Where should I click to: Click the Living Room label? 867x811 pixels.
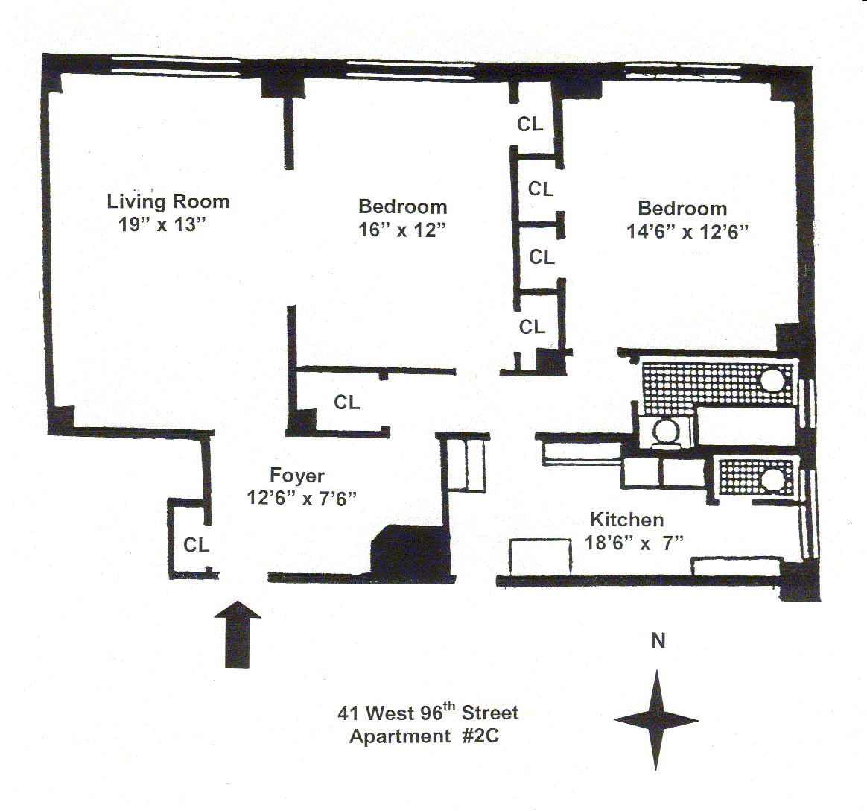click(168, 201)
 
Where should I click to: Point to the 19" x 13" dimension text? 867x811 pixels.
click(162, 224)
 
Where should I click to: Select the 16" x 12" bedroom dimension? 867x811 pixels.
click(402, 230)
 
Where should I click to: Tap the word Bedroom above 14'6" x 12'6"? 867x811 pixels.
click(682, 209)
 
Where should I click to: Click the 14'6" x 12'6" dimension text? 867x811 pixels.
click(687, 232)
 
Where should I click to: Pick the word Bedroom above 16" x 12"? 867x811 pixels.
click(403, 206)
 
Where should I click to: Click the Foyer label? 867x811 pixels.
click(296, 476)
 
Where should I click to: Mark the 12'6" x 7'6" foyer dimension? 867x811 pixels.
click(302, 498)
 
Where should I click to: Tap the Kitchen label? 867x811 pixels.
click(626, 520)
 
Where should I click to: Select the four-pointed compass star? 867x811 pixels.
click(656, 720)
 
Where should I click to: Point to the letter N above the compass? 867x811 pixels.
click(658, 641)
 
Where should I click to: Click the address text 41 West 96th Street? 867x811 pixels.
click(428, 713)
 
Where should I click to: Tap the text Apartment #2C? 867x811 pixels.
click(424, 736)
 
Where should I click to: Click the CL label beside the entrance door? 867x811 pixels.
click(197, 545)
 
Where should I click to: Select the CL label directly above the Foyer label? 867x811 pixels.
click(346, 403)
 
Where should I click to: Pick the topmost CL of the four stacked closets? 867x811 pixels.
click(530, 124)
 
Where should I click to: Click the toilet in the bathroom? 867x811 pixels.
click(664, 431)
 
